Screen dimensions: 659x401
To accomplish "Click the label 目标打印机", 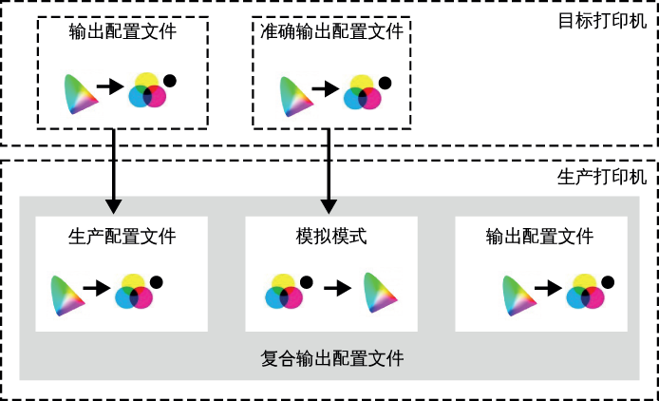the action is (x=602, y=21).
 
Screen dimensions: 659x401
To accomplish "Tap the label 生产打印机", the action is (x=602, y=177).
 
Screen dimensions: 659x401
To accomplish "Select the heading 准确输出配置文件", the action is (x=331, y=31).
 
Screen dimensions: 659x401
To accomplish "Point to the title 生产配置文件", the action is (x=122, y=237).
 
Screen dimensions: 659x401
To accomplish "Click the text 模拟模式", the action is (x=331, y=237).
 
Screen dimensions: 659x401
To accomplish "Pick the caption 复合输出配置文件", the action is (x=332, y=358).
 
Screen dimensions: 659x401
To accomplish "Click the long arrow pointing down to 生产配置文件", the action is (x=114, y=171).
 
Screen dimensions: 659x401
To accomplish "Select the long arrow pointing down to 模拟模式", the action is (x=329, y=171).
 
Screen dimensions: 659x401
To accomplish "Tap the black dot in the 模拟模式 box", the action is (x=307, y=282).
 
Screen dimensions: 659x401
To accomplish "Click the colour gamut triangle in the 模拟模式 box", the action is (x=379, y=293).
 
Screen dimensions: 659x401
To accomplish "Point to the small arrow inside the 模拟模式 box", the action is (x=337, y=288).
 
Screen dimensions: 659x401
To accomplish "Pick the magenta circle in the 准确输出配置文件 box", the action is (x=370, y=99).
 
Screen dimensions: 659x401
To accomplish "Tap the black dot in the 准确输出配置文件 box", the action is (x=385, y=83).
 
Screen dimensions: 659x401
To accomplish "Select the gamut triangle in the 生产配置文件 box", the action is (x=66, y=296).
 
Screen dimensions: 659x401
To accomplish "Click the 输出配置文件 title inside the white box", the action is (x=539, y=237).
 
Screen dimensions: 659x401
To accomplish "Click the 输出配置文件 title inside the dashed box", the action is (x=122, y=31).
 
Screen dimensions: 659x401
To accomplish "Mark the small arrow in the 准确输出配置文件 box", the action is (x=326, y=88).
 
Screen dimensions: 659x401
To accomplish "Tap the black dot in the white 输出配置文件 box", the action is (x=608, y=282).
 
